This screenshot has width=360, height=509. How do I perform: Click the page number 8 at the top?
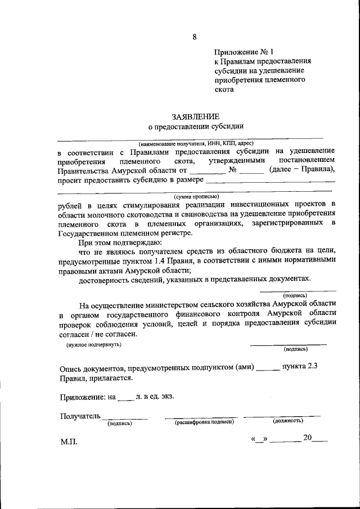(x=195, y=37)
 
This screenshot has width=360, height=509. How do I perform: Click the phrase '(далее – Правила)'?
(x=303, y=170)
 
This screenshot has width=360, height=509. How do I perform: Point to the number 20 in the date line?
(x=307, y=438)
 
